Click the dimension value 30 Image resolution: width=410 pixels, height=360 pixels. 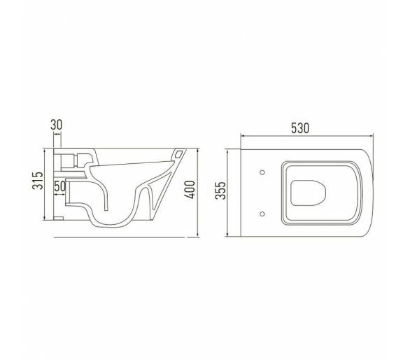[x=57, y=125]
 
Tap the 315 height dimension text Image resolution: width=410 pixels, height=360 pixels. [x=38, y=181]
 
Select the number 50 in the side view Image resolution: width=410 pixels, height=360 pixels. [x=60, y=186]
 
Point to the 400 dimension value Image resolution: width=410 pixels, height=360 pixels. [x=190, y=190]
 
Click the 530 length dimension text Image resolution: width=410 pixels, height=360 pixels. [x=300, y=128]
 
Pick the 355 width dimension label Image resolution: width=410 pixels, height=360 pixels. [x=220, y=191]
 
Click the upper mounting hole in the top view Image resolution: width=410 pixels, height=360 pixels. [x=262, y=172]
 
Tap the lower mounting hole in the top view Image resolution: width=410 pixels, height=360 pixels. [x=262, y=214]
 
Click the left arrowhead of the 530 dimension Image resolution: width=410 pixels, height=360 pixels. [x=243, y=136]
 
